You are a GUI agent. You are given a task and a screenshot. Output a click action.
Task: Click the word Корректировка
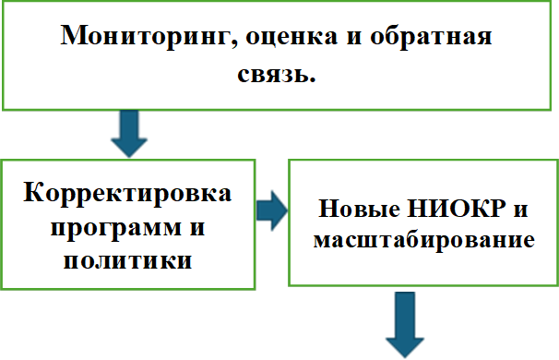coord(128,196)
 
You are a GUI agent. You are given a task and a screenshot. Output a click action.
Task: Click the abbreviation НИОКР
coord(455,210)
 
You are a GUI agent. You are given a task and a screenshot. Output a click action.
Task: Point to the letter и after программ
coord(196,227)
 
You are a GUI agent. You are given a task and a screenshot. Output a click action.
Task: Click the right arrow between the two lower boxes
coord(270,211)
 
